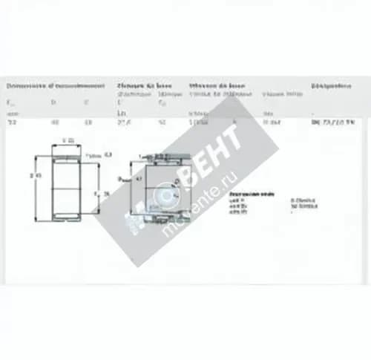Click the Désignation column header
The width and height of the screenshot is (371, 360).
click(333, 86)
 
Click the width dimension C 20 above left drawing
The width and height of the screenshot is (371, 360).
click(68, 140)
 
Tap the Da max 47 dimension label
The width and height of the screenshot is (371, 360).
click(131, 179)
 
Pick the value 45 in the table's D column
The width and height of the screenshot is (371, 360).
click(53, 122)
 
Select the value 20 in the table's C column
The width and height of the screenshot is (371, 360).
click(87, 122)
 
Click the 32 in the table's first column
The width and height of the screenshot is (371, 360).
click(10, 122)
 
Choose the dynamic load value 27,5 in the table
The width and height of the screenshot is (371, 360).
click(123, 122)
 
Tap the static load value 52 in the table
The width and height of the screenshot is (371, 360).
click(161, 122)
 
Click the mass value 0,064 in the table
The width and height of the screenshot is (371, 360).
click(272, 122)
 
